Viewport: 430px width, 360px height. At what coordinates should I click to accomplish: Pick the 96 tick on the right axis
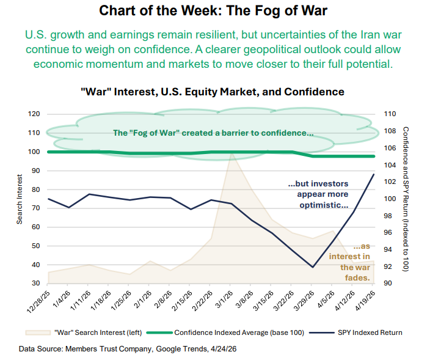point(388,233)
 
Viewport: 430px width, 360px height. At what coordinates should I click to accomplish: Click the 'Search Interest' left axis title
point(20,199)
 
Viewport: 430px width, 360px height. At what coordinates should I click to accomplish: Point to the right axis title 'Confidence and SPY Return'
point(405,199)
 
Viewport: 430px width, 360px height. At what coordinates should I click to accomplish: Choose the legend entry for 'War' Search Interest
point(84,332)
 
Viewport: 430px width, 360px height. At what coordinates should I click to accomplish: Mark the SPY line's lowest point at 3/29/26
point(313,267)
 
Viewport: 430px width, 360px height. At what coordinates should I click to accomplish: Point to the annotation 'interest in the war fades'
point(355,262)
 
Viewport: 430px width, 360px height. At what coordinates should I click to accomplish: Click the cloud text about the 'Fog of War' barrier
point(214,133)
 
